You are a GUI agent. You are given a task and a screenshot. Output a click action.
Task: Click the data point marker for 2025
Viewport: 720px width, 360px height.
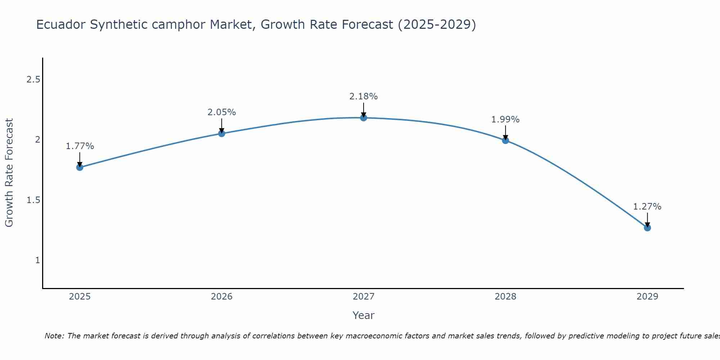point(80,167)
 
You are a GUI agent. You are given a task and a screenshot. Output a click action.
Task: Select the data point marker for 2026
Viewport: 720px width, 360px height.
point(222,134)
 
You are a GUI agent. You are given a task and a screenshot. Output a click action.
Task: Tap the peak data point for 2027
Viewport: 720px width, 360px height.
point(364,118)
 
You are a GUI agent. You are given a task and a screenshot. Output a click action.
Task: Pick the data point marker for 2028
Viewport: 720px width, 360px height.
point(505,140)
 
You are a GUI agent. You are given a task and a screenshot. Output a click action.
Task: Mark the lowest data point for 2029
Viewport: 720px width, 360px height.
point(647,228)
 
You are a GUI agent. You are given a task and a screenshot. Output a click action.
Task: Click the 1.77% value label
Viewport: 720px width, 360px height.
point(80,146)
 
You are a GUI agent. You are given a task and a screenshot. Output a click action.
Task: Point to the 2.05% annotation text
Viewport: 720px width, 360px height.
point(222,112)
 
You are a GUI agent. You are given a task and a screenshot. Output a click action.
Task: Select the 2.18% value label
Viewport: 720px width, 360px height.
point(364,96)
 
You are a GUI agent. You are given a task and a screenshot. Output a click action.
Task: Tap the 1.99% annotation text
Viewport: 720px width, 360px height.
point(505,120)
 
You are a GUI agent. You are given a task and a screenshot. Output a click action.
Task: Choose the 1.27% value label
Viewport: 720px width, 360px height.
point(647,207)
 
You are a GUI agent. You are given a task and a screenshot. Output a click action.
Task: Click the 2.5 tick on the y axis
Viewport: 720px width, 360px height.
point(33,80)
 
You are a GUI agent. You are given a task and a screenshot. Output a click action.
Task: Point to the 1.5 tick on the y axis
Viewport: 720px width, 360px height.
point(33,200)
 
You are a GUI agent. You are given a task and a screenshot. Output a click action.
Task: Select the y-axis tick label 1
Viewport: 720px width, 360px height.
point(37,260)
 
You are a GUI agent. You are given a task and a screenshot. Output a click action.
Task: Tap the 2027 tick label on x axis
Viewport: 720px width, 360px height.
point(364,297)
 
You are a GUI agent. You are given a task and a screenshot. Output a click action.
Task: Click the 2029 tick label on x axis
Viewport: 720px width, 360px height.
point(647,297)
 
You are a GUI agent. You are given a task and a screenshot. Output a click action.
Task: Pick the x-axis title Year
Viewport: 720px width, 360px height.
point(364,315)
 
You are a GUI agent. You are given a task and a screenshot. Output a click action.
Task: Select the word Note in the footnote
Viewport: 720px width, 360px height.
point(54,336)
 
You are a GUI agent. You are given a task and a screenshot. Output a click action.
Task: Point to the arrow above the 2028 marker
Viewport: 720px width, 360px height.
point(505,132)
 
